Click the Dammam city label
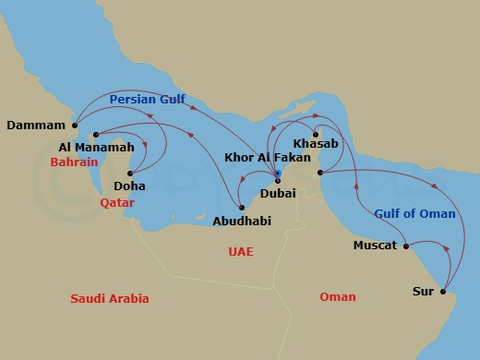(36, 125)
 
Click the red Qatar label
(117, 201)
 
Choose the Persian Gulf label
(147, 99)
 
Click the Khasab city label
(316, 145)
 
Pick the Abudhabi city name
(242, 222)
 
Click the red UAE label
(240, 251)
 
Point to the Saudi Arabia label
(110, 298)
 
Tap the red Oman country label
(337, 296)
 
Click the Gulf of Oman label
(414, 214)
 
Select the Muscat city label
(375, 246)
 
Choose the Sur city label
(423, 292)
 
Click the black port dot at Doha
(130, 174)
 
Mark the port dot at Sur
(442, 292)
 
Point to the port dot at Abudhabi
(242, 208)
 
